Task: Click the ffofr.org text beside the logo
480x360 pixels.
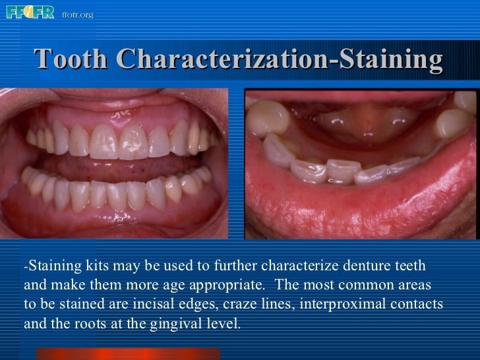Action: (x=77, y=14)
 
